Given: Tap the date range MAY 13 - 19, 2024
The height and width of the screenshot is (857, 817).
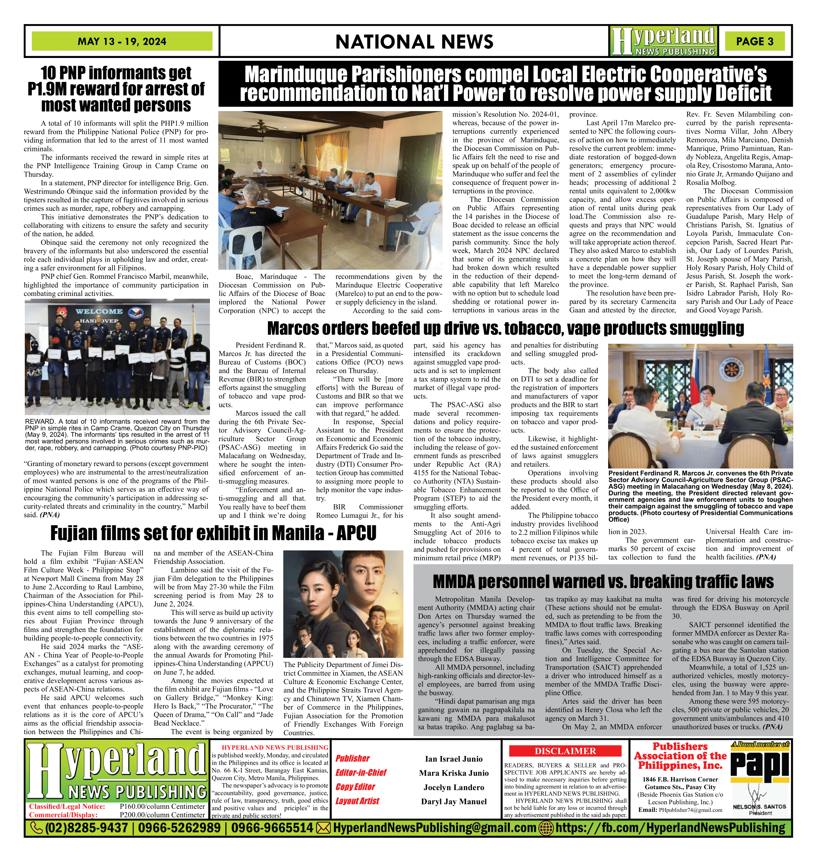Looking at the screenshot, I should tap(122, 42).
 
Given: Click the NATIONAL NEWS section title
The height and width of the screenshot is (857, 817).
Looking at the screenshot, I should tap(414, 42).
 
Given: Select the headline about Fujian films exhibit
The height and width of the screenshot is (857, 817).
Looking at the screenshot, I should tap(213, 533).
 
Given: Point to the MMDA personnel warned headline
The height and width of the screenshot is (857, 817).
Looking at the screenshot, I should tap(603, 581).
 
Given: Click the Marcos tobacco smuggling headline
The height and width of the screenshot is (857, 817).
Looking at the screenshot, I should tap(505, 328).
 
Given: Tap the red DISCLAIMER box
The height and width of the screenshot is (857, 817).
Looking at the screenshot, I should tap(565, 751).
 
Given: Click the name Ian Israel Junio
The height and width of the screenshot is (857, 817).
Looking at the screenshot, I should tap(454, 759).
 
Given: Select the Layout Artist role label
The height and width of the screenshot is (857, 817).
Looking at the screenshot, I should tap(357, 801).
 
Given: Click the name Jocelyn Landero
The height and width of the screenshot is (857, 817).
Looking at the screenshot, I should tap(454, 787).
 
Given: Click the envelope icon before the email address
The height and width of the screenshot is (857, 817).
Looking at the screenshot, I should tap(323, 828).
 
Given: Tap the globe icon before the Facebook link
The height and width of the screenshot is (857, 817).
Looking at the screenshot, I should tap(546, 828).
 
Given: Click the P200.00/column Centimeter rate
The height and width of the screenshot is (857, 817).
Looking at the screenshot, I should tap(162, 814).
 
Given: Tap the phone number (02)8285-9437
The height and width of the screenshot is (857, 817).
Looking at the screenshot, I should tap(87, 828).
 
